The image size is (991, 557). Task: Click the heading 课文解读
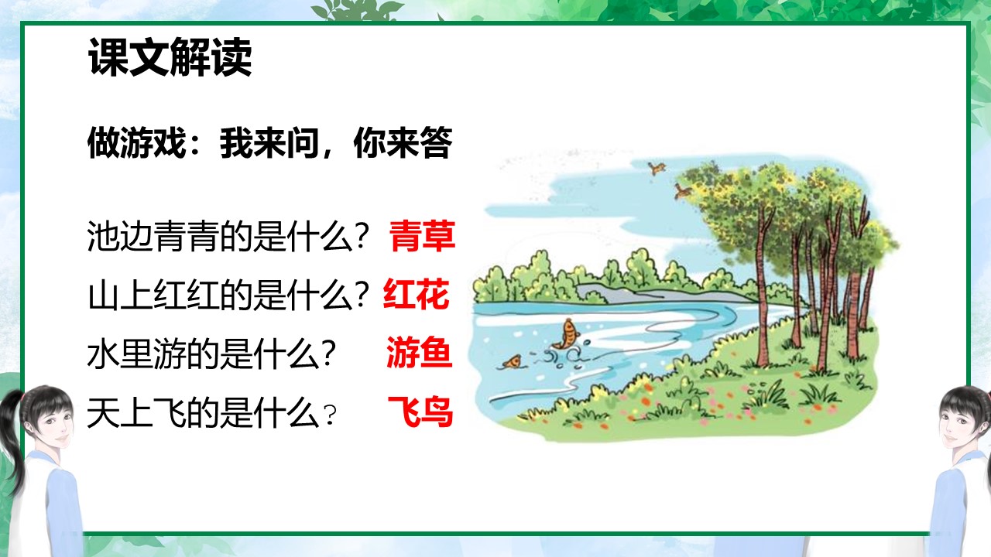pos(170,59)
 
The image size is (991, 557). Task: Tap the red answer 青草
pos(422,237)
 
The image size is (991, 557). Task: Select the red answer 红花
pos(417,296)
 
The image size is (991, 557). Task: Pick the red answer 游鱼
pos(419,354)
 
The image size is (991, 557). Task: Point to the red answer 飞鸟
pos(419,413)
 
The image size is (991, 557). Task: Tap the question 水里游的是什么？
pos(211,355)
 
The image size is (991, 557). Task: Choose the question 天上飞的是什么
pos(203,414)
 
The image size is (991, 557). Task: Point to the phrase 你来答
pos(403,145)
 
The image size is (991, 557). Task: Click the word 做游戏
pos(135,145)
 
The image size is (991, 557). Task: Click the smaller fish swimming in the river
pos(512,361)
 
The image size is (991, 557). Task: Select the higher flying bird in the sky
pos(657,166)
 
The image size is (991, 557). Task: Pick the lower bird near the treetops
pos(681,189)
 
